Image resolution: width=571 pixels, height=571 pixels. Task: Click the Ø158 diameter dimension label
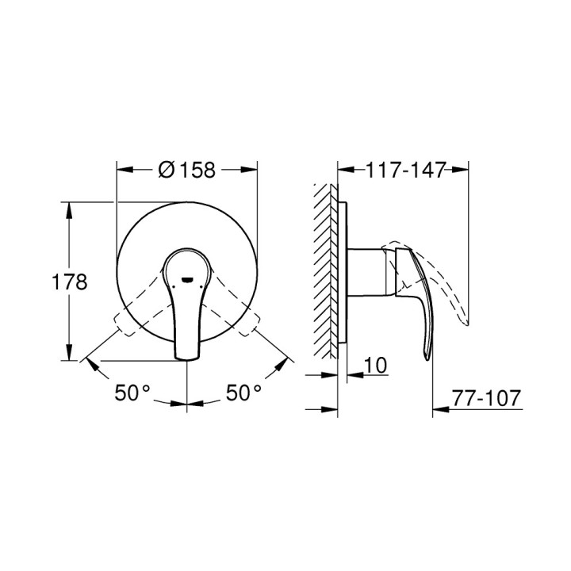tap(187, 169)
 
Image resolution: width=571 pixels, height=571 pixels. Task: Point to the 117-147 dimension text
tap(404, 169)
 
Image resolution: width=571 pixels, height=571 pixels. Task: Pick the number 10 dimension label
tap(377, 366)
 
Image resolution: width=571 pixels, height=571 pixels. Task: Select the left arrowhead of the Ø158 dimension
tap(122, 169)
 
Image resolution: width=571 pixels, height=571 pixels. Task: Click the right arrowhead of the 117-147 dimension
tap(463, 169)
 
